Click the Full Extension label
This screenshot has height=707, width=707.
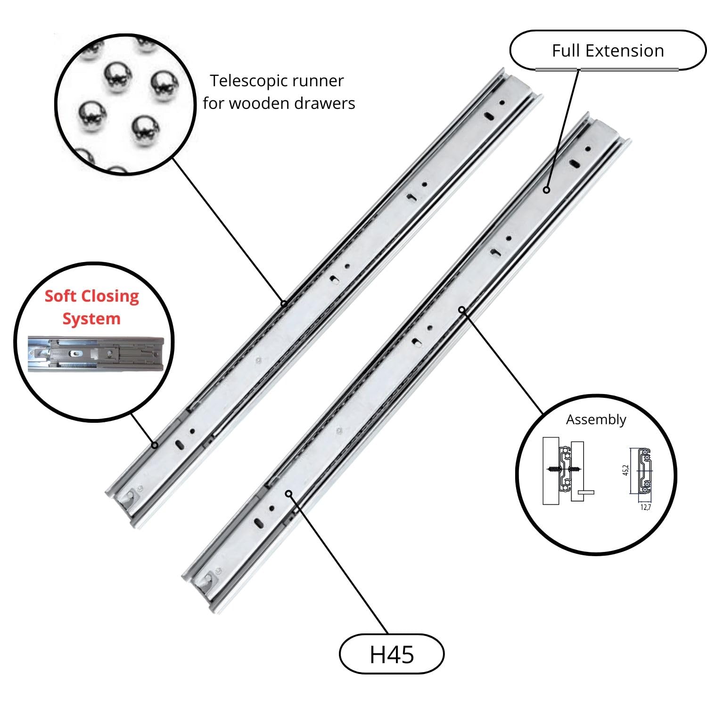(x=608, y=50)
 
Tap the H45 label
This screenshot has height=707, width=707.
(x=392, y=654)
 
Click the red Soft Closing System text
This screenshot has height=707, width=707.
(x=92, y=307)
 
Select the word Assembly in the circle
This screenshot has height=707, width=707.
(x=596, y=419)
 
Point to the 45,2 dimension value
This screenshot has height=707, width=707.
(x=625, y=470)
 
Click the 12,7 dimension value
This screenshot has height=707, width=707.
(x=645, y=508)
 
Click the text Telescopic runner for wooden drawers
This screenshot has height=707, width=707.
(x=278, y=92)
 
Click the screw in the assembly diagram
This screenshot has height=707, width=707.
(x=564, y=469)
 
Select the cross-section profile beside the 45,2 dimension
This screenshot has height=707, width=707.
(x=644, y=471)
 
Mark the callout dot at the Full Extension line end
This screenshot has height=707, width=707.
(x=546, y=190)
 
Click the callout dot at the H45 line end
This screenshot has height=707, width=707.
(x=288, y=493)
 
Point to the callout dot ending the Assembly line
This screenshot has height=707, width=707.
(x=462, y=310)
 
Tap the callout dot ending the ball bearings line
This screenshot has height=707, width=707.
(x=284, y=304)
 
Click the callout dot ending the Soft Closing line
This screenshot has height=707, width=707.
(x=155, y=445)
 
